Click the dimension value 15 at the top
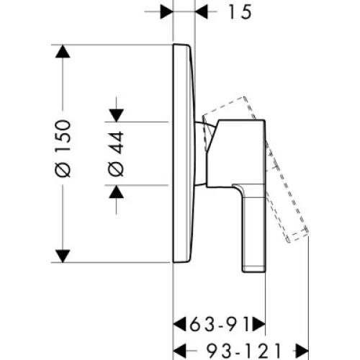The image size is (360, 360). [240, 12]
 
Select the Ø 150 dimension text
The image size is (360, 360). [63, 149]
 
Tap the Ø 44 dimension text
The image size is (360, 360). [117, 154]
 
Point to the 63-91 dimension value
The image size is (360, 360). [220, 324]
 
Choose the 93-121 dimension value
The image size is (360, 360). [243, 351]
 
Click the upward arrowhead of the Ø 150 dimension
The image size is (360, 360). [63, 51]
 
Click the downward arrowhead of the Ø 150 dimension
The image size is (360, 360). [63, 256]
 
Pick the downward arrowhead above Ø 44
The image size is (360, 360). [117, 115]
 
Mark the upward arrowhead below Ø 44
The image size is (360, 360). [117, 192]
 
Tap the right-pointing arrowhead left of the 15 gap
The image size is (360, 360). [166, 12]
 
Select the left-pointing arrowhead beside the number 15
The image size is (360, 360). [202, 12]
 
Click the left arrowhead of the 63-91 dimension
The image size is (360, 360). [179, 324]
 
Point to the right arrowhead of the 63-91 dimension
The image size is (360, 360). [258, 324]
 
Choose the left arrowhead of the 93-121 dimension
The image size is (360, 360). [179, 351]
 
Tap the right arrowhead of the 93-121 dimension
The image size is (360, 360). [302, 351]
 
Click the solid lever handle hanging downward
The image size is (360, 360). [254, 228]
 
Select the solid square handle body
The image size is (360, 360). [236, 153]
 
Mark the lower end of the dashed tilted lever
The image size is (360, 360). [297, 236]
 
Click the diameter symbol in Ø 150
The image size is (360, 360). [63, 170]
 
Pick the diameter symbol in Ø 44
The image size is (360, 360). [117, 169]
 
